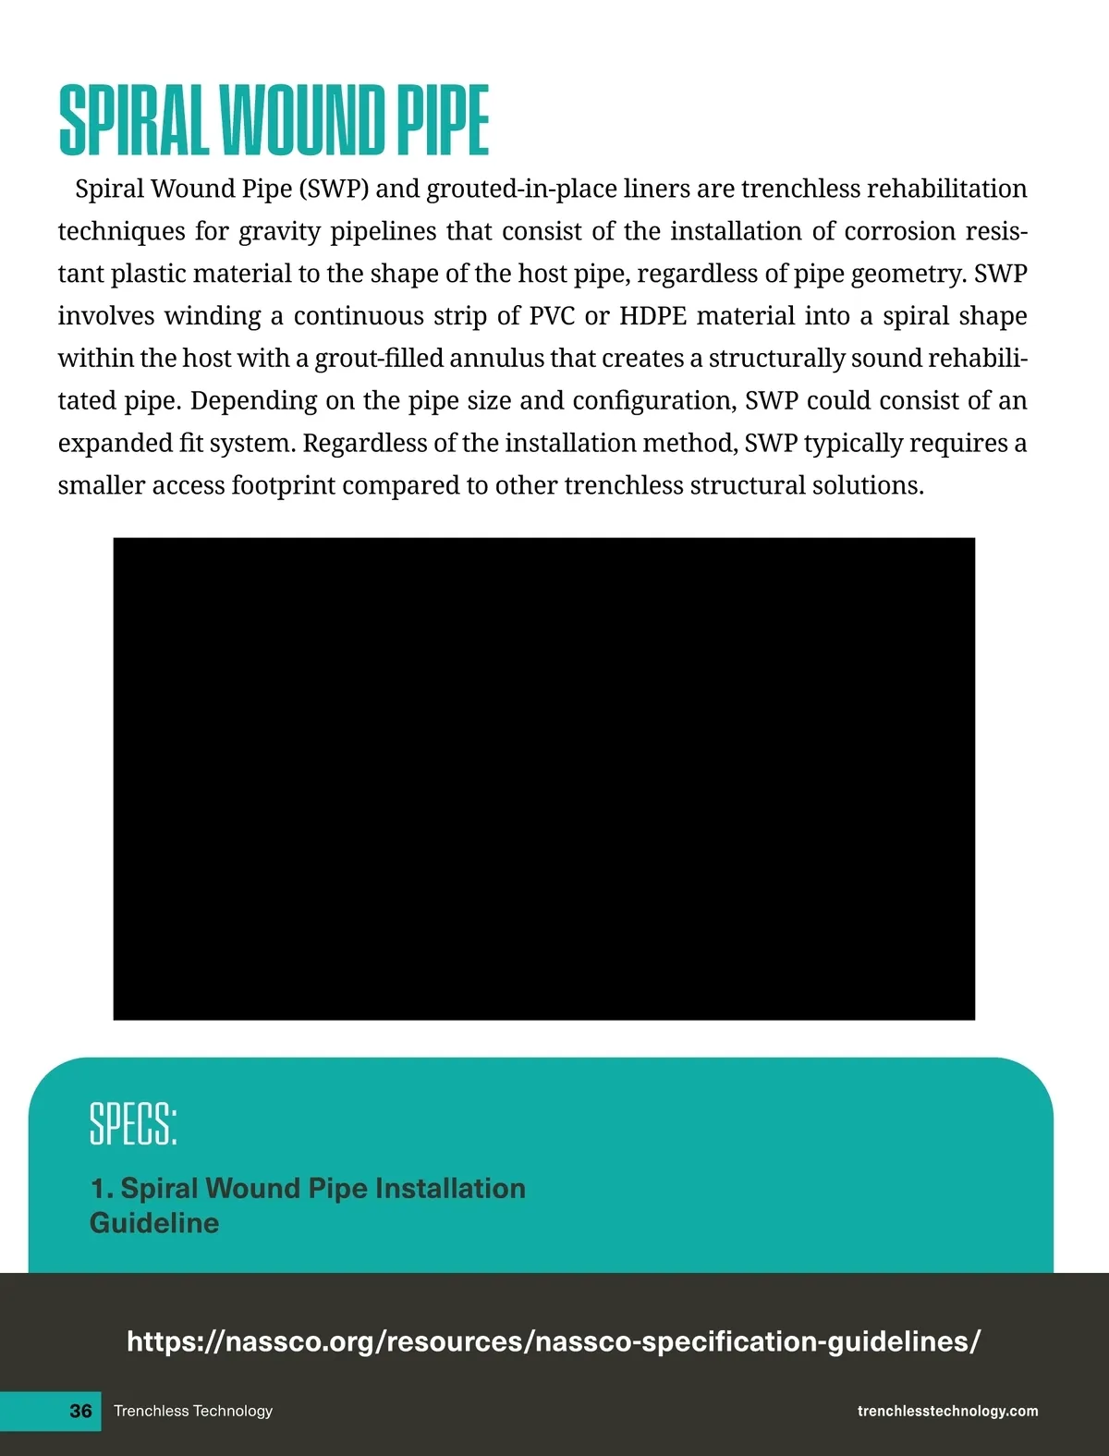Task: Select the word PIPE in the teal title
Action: point(443,120)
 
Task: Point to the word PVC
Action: point(552,316)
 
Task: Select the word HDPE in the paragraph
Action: point(652,316)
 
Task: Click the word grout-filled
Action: point(379,359)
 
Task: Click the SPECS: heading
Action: point(133,1124)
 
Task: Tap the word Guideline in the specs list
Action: point(154,1223)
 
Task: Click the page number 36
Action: point(81,1411)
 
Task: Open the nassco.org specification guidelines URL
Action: point(553,1341)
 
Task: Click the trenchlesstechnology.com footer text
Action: point(947,1411)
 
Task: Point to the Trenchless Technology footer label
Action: point(193,1411)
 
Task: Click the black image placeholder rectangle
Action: point(543,778)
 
